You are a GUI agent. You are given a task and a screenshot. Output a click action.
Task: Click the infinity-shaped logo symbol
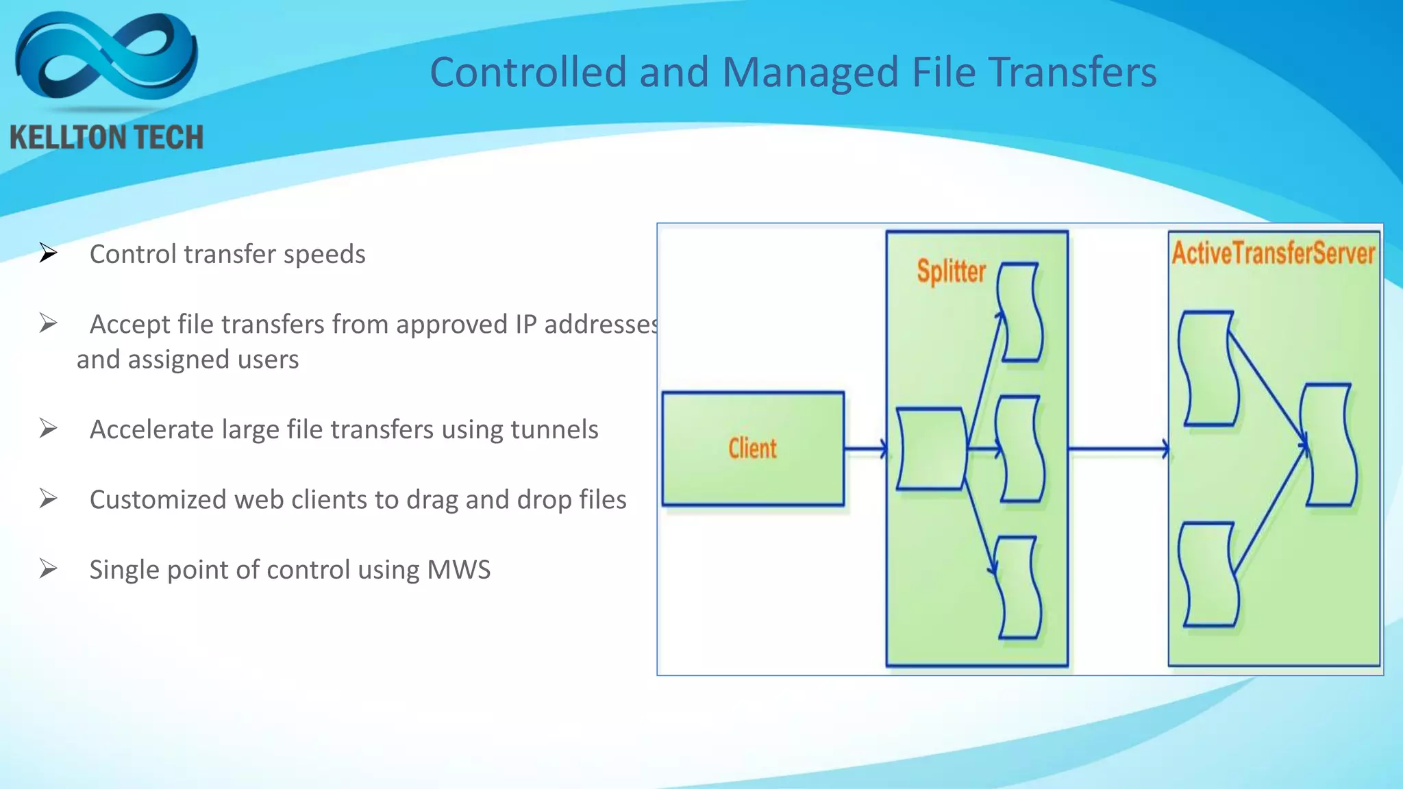click(x=106, y=58)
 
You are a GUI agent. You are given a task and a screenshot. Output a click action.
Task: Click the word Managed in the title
click(x=810, y=72)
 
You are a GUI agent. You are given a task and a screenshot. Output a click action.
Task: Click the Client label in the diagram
click(x=752, y=449)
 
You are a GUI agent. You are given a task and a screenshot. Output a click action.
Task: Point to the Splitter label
click(x=951, y=271)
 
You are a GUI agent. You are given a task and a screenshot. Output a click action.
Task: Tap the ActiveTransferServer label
click(x=1274, y=253)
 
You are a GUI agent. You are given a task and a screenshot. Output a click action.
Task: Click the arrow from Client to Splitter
click(x=865, y=449)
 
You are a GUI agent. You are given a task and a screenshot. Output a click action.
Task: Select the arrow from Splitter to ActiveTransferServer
click(x=1118, y=449)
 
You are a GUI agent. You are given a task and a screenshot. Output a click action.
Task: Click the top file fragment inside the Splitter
click(x=1020, y=312)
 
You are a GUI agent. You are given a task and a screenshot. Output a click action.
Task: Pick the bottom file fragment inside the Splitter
click(x=1019, y=588)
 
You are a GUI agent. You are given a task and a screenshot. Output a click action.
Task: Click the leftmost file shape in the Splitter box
click(x=931, y=449)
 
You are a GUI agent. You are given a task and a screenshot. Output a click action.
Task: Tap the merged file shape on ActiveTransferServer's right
click(x=1329, y=445)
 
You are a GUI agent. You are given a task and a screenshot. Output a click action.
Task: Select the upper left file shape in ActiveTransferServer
click(x=1209, y=368)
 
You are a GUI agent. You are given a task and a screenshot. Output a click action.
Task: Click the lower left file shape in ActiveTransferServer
click(x=1209, y=574)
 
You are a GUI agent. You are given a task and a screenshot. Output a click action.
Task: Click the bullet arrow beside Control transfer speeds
click(x=48, y=253)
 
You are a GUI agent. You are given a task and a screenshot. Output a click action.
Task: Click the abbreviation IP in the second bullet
click(x=525, y=325)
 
